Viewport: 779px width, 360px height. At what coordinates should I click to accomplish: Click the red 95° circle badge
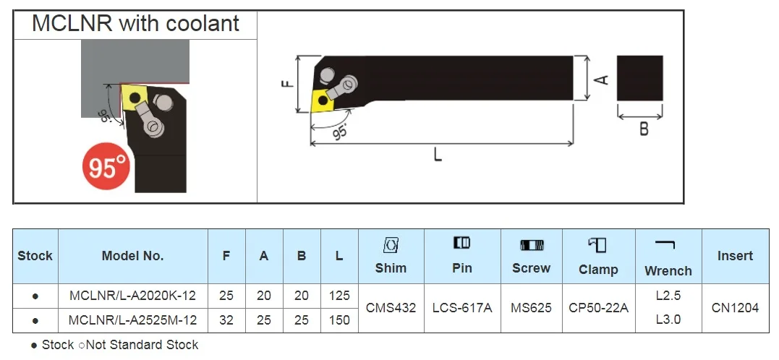[x=106, y=166]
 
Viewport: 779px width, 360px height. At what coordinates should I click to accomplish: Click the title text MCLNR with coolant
[x=136, y=23]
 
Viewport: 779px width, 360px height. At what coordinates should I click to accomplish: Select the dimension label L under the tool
[x=437, y=155]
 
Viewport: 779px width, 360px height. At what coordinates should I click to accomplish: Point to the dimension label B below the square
[x=644, y=129]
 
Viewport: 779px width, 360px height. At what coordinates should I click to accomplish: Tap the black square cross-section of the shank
[x=640, y=79]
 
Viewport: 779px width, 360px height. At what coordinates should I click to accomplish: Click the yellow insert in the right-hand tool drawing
[x=322, y=100]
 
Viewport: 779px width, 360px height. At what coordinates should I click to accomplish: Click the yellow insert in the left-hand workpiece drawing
[x=132, y=97]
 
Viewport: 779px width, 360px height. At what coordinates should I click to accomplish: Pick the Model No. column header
[x=132, y=256]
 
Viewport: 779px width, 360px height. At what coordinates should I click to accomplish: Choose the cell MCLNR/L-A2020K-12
[x=132, y=296]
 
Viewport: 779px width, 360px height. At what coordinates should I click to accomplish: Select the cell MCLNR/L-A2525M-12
[x=132, y=320]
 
